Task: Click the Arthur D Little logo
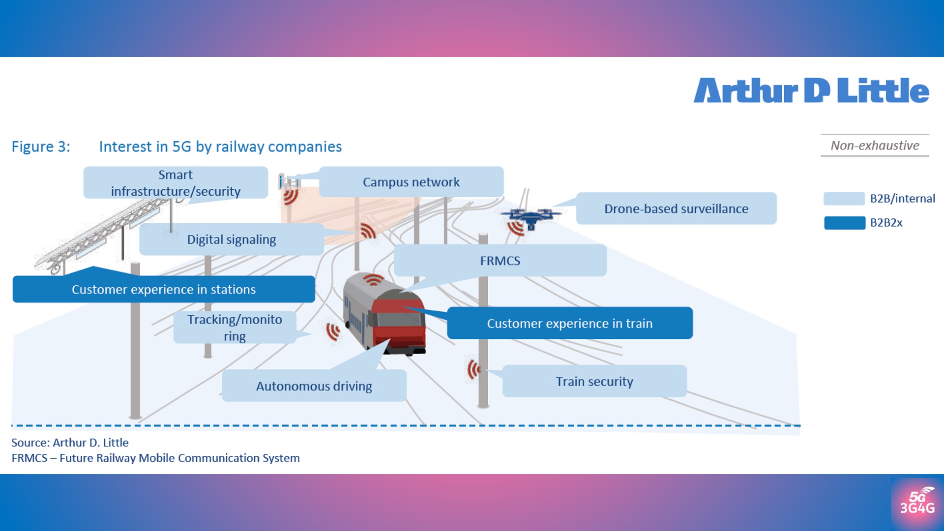(x=811, y=91)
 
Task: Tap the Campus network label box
(x=411, y=182)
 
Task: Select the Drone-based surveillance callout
(x=676, y=208)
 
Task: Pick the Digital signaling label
(x=231, y=239)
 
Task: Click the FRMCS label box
(x=500, y=261)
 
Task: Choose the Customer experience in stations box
(x=164, y=289)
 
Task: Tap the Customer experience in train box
(x=569, y=323)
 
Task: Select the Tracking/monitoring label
(x=235, y=327)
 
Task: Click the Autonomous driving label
(x=314, y=386)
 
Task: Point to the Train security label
(x=594, y=381)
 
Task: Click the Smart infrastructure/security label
(x=176, y=183)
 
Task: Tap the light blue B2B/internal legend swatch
(x=844, y=199)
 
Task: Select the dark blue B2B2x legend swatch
(x=844, y=223)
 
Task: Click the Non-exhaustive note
(x=875, y=146)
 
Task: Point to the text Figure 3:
(x=41, y=147)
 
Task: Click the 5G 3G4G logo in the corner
(x=917, y=503)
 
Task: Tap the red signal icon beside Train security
(x=473, y=369)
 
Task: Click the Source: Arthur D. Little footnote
(x=70, y=442)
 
